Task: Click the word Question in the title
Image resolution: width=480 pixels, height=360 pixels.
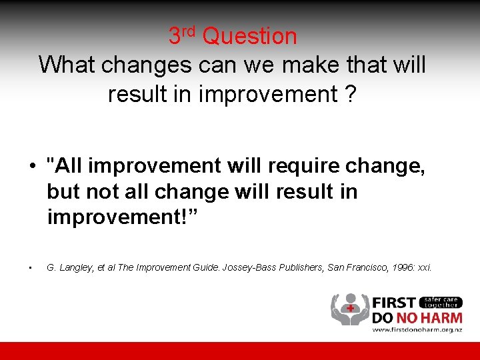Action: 250,36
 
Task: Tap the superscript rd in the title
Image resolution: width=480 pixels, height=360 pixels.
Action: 189,30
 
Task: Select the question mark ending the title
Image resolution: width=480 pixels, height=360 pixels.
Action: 351,94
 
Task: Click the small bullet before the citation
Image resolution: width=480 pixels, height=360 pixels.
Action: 31,268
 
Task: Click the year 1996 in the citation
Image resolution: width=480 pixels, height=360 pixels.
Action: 394,267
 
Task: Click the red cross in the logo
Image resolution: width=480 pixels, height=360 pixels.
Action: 349,309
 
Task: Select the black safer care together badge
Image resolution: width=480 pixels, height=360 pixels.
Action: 441,302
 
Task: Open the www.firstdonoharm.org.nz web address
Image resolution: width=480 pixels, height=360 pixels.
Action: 417,329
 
